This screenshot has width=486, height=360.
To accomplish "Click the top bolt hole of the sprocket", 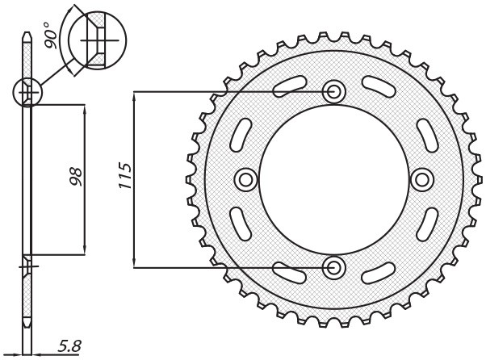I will pos(333,91).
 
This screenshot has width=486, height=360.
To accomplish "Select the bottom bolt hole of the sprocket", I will pos(333,266).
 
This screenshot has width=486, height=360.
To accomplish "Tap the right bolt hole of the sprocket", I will pos(421,178).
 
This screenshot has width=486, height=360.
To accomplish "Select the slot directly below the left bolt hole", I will pos(240,224).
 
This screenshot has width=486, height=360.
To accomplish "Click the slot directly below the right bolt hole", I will pos(425,224).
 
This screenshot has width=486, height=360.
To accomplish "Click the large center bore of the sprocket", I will pos(333,178).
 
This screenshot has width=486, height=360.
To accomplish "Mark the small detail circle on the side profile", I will pos(27,93).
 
